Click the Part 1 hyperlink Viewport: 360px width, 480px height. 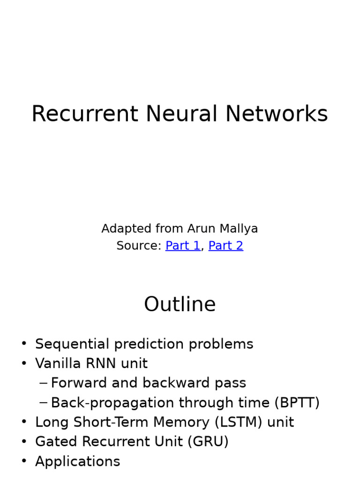[183, 246]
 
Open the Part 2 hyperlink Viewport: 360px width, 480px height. [225, 246]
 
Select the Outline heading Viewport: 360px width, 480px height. [180, 304]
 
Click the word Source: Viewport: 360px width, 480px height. [139, 246]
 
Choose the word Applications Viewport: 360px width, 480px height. [77, 462]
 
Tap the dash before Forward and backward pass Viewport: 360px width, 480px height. [43, 383]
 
